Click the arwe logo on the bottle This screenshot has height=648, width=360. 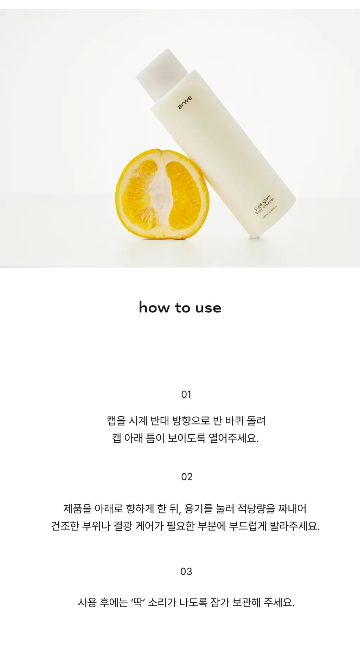tap(185, 102)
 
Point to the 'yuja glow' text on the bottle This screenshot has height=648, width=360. tap(262, 203)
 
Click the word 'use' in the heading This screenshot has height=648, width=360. tap(208, 308)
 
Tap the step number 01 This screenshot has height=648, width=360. tap(186, 394)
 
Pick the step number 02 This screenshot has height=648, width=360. tap(187, 477)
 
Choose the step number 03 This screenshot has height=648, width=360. tap(186, 571)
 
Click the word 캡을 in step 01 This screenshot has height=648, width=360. tap(116, 421)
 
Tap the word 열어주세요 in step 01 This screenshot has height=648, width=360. tap(233, 438)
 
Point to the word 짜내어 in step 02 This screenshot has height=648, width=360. tap(292, 508)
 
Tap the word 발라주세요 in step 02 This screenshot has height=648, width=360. tap(295, 526)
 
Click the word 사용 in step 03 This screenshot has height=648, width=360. tap(87, 603)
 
